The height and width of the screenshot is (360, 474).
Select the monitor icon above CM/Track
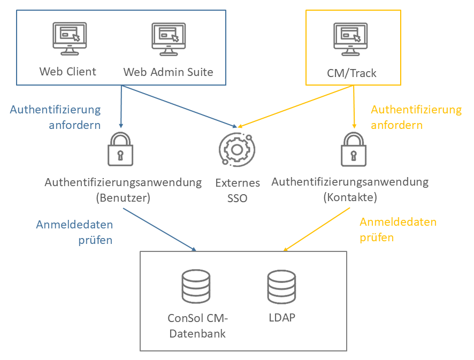pos(351,39)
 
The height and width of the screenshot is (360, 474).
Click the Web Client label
pos(67,72)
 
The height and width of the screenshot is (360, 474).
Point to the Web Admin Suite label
pos(168,72)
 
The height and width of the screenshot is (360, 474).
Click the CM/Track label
pos(351,73)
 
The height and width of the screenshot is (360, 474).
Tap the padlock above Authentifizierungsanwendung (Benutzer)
pos(120,149)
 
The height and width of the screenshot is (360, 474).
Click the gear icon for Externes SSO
pos(234,149)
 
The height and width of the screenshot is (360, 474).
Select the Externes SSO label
pos(238,190)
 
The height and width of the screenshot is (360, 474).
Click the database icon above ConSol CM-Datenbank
pos(196,286)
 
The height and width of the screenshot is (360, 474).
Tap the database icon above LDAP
pos(281,286)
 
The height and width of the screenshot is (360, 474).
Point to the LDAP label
pos(282,317)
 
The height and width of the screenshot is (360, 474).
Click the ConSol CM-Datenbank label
pos(197,326)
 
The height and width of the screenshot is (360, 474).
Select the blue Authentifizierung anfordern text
pos(55,117)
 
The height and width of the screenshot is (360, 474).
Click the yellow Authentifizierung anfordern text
pos(416,117)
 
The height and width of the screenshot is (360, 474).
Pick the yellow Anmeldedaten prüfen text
pos(398,229)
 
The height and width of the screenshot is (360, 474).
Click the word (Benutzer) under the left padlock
pos(123,197)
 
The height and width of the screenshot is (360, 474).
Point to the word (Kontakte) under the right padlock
pos(350,197)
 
